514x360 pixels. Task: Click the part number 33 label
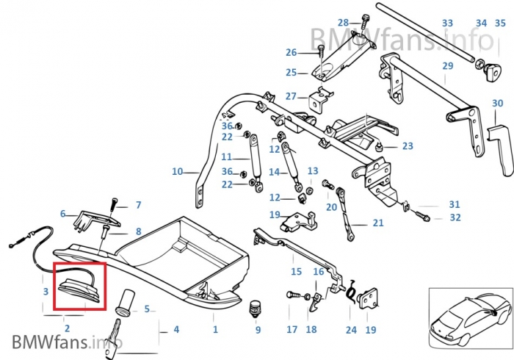pos(447,24)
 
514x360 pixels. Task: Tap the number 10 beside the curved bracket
pos(177,172)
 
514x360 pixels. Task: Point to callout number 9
pos(258,330)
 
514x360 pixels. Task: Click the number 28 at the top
pos(344,24)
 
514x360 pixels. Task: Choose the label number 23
pos(408,146)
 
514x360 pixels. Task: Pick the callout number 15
pos(296,272)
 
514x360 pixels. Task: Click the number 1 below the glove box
pos(215,328)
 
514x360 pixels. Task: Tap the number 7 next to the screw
pos(137,205)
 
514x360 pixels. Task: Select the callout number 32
pos(455,217)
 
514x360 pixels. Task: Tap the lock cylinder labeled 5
pos(126,303)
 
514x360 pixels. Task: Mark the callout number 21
pos(378,223)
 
